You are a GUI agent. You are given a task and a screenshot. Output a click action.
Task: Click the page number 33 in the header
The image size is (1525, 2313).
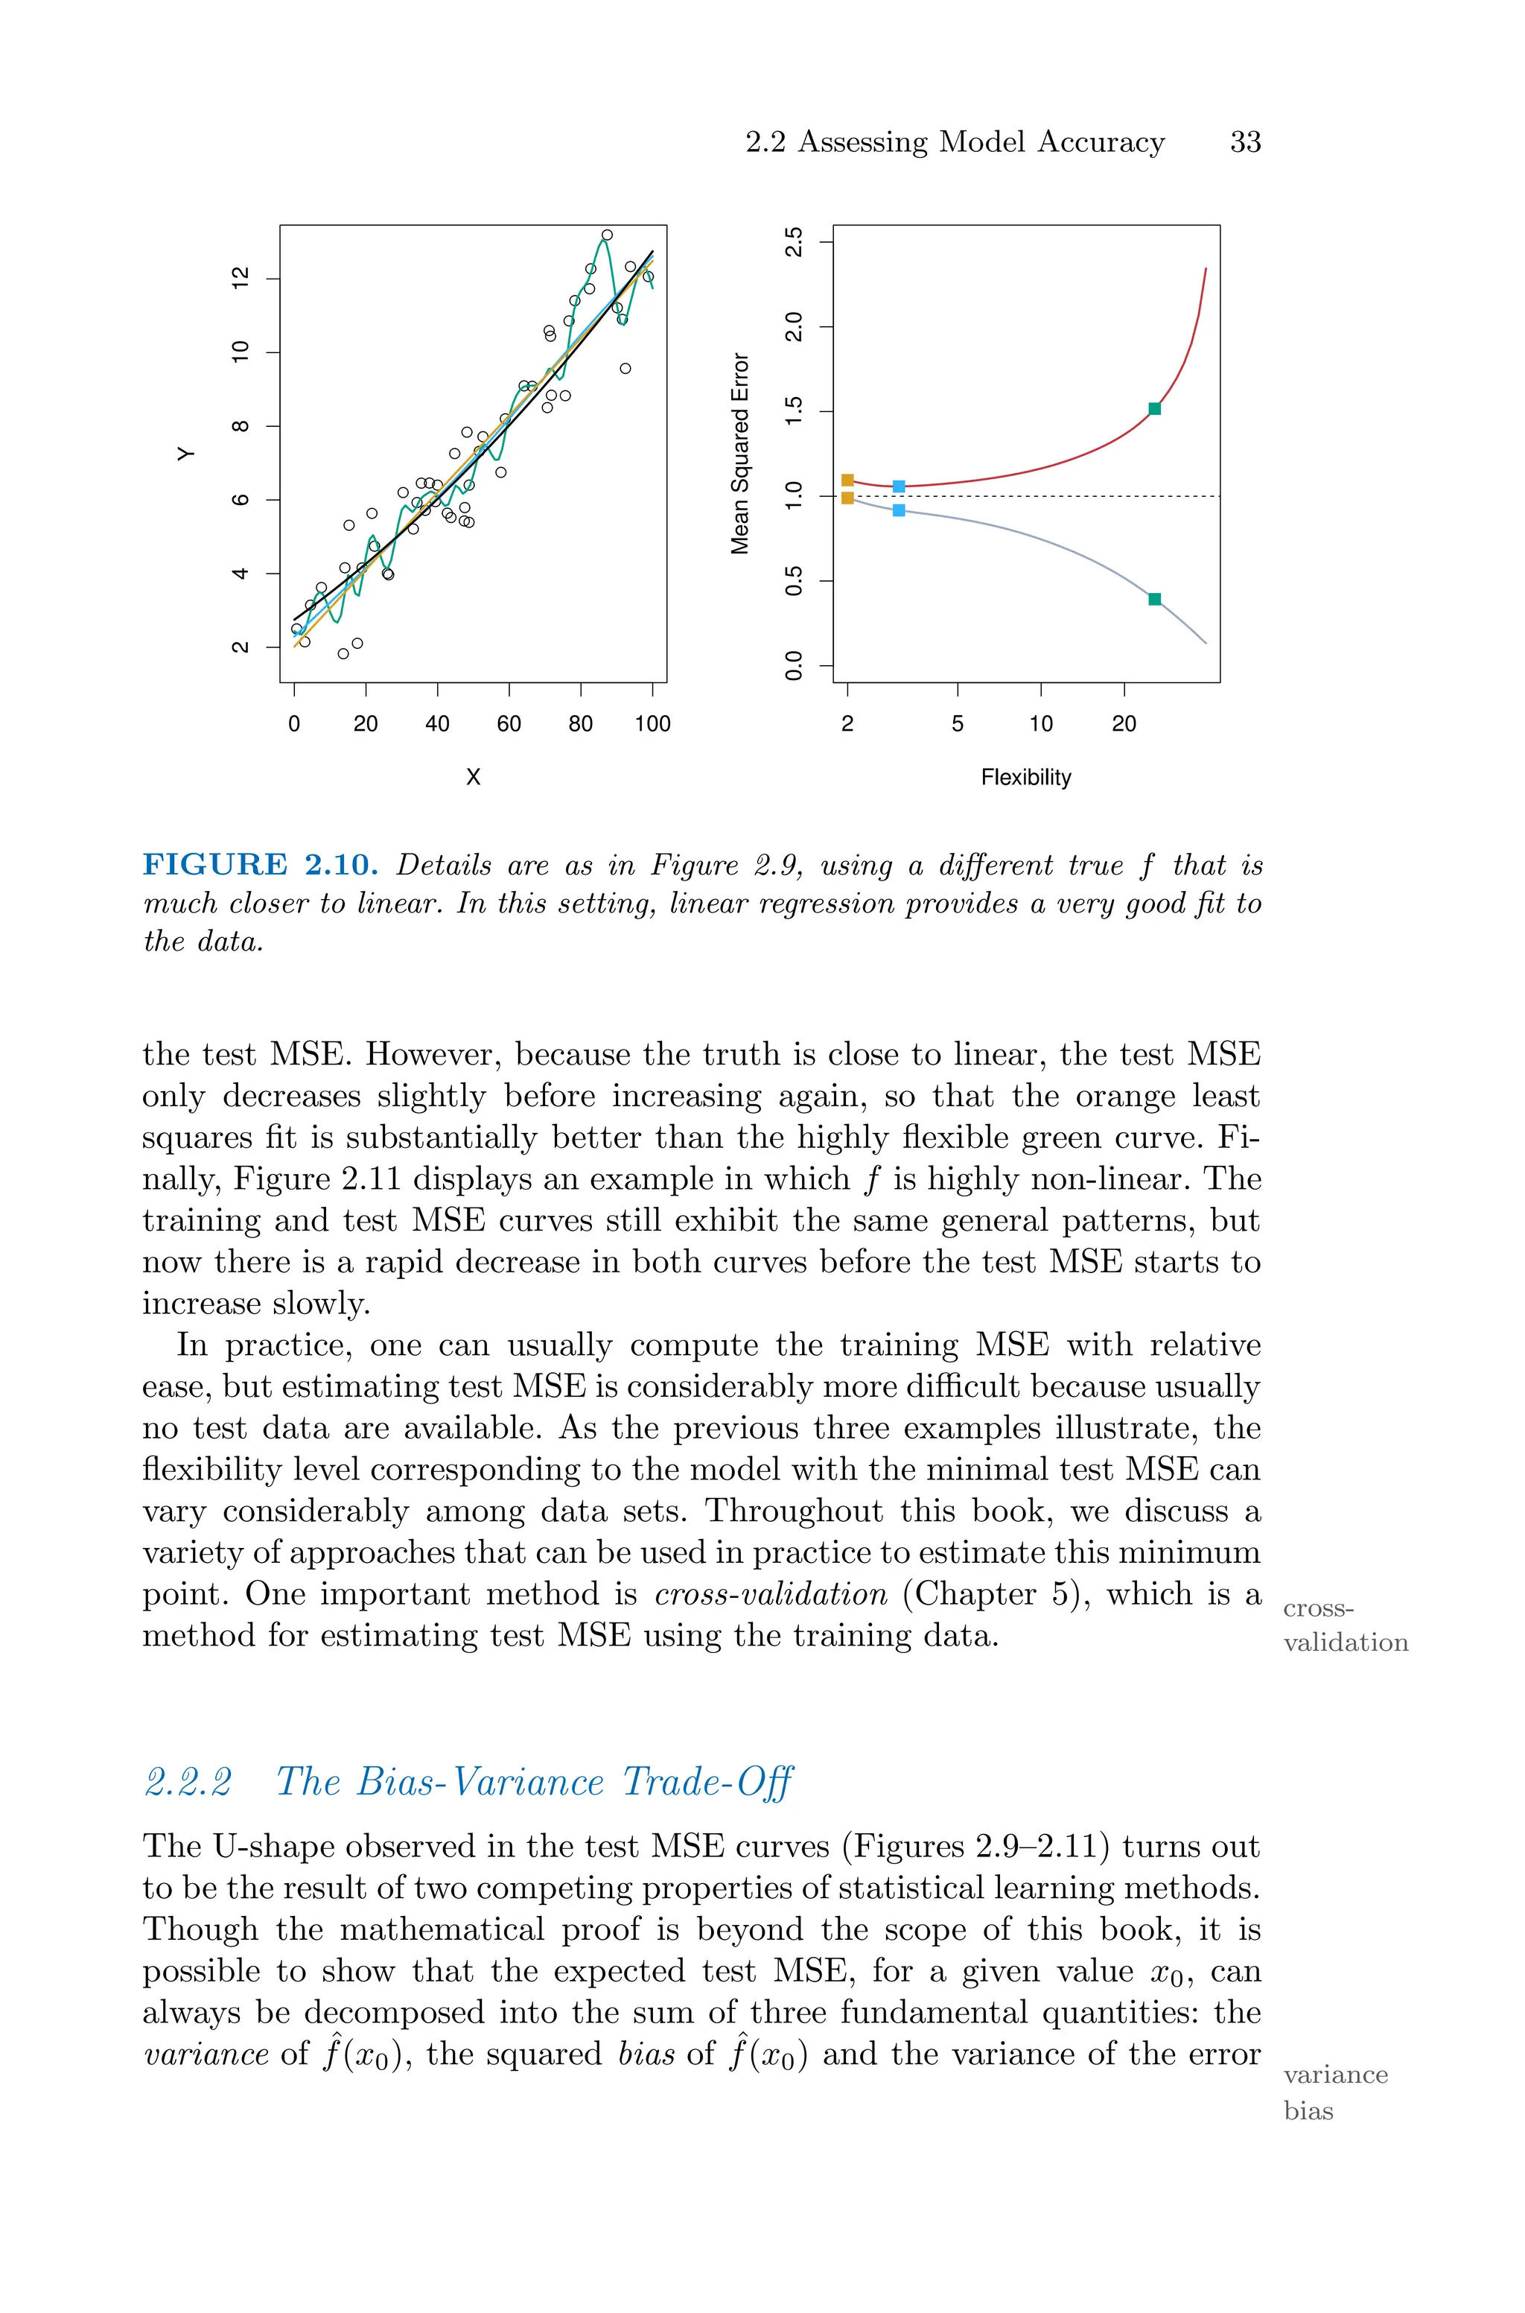1245,142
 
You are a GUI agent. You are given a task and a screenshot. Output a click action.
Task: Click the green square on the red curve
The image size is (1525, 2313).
1154,408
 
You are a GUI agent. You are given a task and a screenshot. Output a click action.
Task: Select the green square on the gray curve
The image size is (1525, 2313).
1154,599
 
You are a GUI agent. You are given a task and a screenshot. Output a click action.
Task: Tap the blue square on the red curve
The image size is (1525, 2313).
899,486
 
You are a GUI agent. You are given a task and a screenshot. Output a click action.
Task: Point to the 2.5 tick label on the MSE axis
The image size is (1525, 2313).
795,241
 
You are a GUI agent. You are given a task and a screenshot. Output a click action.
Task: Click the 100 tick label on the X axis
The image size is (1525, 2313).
652,723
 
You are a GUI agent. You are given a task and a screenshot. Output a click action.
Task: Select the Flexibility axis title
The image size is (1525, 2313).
1025,777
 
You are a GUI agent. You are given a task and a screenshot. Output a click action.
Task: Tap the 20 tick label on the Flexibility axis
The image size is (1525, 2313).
1124,723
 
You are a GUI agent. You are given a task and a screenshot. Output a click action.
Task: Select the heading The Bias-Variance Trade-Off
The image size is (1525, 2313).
534,1781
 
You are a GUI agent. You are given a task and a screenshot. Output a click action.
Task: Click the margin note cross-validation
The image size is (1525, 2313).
1344,1625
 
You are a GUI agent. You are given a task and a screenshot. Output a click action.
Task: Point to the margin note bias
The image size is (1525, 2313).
1308,2110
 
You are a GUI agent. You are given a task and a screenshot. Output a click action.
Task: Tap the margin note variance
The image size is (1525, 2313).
1334,2075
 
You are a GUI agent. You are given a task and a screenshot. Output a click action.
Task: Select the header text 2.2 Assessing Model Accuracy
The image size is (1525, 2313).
954,142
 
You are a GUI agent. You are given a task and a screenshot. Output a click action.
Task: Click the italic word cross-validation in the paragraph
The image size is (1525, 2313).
770,1594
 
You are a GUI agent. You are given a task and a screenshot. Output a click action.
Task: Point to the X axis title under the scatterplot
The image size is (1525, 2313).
473,777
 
